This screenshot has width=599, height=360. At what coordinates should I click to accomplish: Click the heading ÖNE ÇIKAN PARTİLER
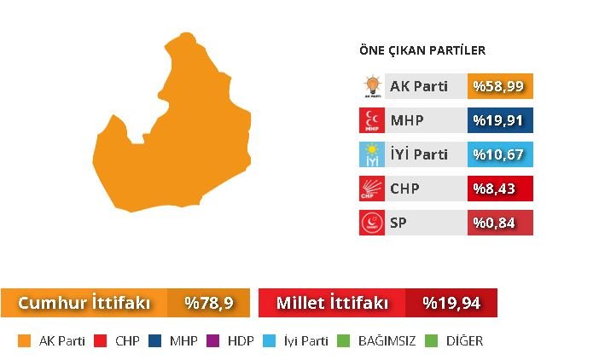pos(422,51)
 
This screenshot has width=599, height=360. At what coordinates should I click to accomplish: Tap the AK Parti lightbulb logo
pos(372,86)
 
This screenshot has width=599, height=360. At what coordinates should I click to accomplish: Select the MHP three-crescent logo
pos(372,120)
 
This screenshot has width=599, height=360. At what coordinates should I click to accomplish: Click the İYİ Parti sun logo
pos(372,154)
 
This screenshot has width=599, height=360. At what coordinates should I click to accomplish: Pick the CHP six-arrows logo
pos(372,189)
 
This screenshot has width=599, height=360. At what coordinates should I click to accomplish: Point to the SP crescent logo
pos(372,223)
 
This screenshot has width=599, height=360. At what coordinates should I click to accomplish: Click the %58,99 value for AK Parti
pos(501,86)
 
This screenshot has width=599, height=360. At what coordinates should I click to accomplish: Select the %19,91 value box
pos(501,120)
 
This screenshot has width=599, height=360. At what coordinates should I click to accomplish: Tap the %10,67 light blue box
pos(501,154)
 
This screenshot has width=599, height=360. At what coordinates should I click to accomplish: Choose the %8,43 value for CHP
pos(501,189)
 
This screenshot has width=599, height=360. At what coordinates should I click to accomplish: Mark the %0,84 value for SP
pos(501,223)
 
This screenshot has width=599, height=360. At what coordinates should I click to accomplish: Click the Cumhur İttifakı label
pos(84,303)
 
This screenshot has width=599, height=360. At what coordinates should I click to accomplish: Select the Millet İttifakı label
pos(332,303)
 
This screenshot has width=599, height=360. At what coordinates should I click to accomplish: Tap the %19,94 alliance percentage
pos(451,303)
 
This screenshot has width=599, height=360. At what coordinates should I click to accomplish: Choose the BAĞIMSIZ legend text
pos(387,341)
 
